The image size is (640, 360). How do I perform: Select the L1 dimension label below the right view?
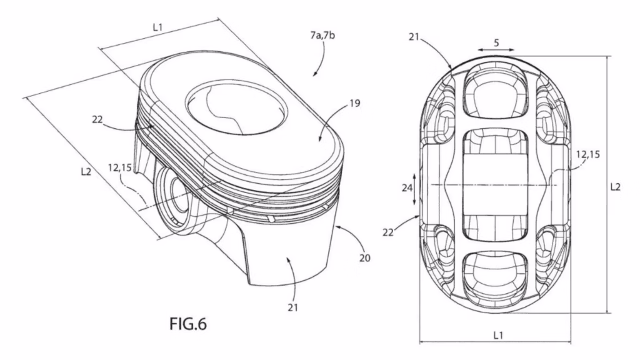(497, 335)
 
